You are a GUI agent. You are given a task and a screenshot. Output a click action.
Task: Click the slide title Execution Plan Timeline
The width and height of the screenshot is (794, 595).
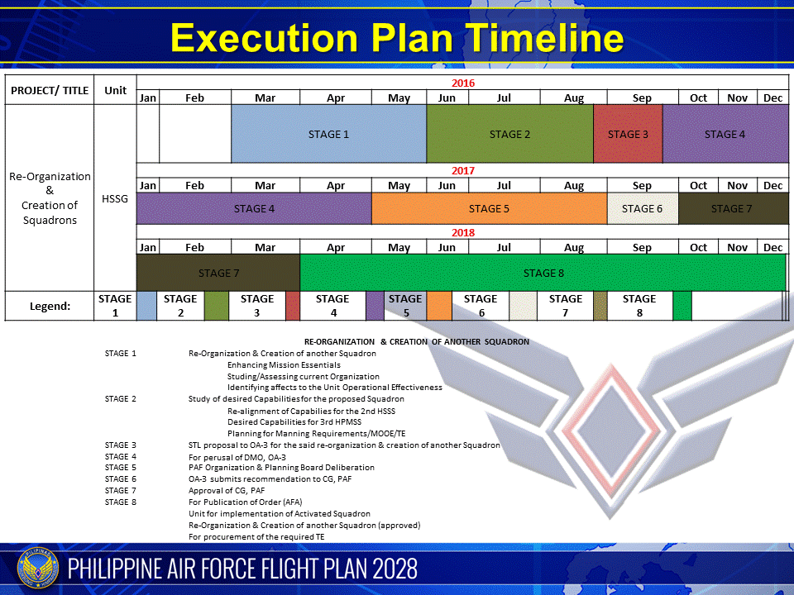(397, 39)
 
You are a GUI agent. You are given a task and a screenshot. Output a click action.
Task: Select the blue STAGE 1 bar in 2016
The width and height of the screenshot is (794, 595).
(328, 134)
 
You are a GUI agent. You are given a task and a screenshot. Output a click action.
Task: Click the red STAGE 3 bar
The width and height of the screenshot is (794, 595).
(628, 134)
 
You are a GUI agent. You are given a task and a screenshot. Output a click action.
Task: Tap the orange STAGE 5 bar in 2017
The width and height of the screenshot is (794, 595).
(489, 208)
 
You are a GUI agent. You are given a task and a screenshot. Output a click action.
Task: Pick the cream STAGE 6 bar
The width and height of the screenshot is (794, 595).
(642, 208)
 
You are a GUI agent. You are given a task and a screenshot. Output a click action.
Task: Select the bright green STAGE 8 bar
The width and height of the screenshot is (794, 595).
(542, 273)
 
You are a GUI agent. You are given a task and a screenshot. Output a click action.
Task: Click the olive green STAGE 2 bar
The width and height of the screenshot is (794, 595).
(509, 134)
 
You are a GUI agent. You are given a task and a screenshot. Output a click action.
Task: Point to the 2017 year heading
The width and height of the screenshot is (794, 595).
(462, 171)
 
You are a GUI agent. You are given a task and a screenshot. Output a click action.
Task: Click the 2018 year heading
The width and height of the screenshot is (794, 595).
(462, 233)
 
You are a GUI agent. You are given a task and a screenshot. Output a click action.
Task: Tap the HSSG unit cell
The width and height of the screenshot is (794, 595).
(115, 198)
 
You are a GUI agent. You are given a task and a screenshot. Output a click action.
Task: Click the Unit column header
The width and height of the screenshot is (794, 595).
(115, 90)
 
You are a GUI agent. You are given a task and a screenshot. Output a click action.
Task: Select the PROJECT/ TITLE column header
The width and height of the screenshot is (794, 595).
(50, 90)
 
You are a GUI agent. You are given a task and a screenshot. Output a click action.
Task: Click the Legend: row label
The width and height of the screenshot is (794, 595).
(50, 306)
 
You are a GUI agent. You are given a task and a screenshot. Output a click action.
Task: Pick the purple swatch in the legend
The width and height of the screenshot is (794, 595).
(374, 306)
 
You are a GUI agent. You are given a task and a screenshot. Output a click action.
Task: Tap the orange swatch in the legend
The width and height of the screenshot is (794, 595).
(439, 306)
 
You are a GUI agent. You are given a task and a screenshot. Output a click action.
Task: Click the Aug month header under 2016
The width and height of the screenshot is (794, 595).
(573, 98)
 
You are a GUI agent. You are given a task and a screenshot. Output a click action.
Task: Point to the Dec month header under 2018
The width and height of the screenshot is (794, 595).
(772, 248)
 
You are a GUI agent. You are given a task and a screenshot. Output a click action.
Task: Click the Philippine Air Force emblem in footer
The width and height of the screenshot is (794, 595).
(35, 569)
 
